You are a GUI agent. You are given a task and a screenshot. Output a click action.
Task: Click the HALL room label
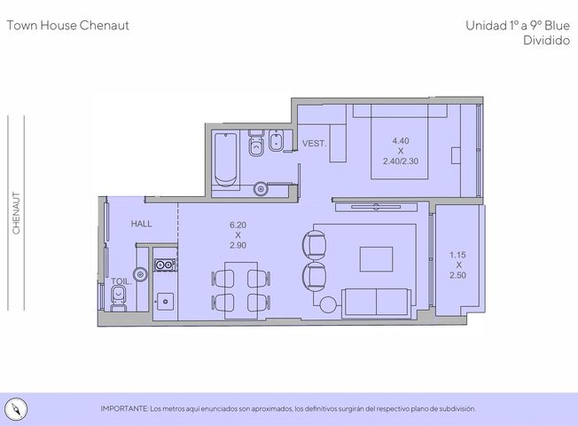pos(141,224)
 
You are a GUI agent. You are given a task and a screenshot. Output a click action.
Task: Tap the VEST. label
pos(314,143)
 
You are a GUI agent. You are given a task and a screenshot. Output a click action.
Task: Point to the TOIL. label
pos(121,281)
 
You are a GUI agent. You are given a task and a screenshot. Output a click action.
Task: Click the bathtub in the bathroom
pos(225,160)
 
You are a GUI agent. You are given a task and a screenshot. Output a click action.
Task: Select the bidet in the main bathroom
pos(276,140)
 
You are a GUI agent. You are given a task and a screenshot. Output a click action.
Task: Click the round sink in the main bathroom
pos(261,189)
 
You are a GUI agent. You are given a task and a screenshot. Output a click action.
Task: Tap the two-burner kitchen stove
pos(165,264)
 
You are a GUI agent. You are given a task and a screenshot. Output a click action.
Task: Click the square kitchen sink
pos(165,302)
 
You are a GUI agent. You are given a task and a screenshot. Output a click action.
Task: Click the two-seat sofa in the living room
pos(376,303)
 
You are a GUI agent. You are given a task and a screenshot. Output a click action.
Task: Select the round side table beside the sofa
pos(328,305)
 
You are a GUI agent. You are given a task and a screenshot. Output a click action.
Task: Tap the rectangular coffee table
pos(376,259)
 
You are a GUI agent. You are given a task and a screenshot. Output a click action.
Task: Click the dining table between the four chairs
pos(241,290)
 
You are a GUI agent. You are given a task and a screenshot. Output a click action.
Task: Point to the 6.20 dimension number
pos(238,225)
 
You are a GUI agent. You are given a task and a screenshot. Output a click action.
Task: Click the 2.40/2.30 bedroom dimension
pos(401,162)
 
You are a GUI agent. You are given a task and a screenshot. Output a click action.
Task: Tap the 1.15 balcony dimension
pos(457,255)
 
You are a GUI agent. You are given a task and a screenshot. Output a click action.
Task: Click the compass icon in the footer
pos(16,409)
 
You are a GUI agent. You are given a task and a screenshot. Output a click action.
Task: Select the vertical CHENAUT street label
pos(16,213)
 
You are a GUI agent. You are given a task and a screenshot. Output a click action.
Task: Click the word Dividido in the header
pos(546,40)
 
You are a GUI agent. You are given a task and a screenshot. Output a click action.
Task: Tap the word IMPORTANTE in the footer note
pos(124,408)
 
